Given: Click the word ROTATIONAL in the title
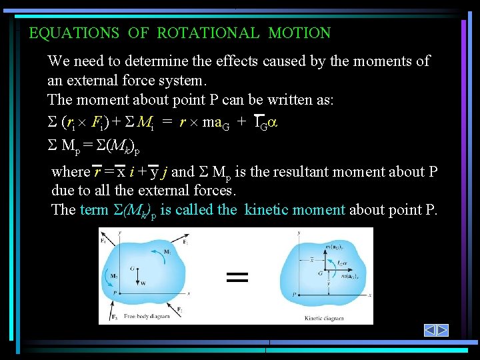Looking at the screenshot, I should (x=209, y=33).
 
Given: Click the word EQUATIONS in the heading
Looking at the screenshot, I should (x=74, y=33).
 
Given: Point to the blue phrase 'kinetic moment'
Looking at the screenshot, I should (x=295, y=209).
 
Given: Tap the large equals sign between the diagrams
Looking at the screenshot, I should (x=237, y=277).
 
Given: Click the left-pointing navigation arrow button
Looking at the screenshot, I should (x=430, y=330).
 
